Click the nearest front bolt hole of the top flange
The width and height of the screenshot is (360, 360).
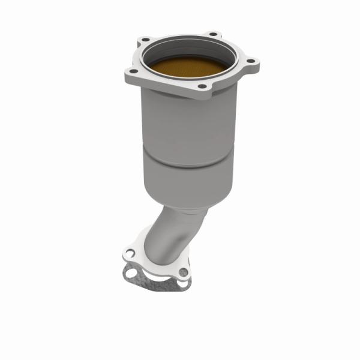[x=202, y=87]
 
